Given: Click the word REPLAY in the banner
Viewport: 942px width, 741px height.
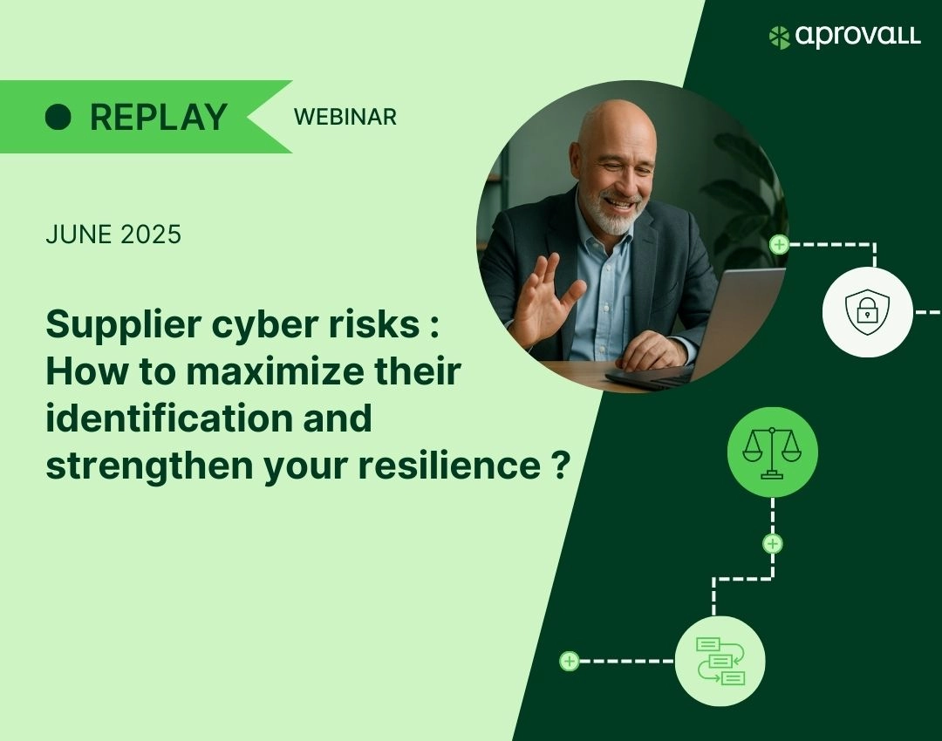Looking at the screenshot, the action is click(159, 117).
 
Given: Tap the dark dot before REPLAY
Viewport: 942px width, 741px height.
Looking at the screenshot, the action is click(58, 117).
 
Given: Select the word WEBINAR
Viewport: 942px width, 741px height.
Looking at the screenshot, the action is click(345, 117).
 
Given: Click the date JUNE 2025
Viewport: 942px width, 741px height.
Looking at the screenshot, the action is click(113, 235).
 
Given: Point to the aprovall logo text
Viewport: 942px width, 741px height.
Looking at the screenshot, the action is click(858, 36).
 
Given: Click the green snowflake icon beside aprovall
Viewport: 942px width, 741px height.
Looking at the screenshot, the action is click(779, 37).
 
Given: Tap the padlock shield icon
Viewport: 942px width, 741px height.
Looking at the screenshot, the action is click(867, 312).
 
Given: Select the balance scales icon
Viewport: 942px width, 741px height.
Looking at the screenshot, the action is click(772, 452).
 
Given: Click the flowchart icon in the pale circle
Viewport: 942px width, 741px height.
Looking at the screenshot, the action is click(720, 661).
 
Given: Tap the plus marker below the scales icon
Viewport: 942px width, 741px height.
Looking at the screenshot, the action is click(773, 544).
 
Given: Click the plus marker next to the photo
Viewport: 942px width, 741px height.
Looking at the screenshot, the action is click(779, 244).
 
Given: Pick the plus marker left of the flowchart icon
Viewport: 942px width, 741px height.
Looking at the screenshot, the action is click(569, 661).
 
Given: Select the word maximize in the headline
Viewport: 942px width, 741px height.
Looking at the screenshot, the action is click(275, 371).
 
